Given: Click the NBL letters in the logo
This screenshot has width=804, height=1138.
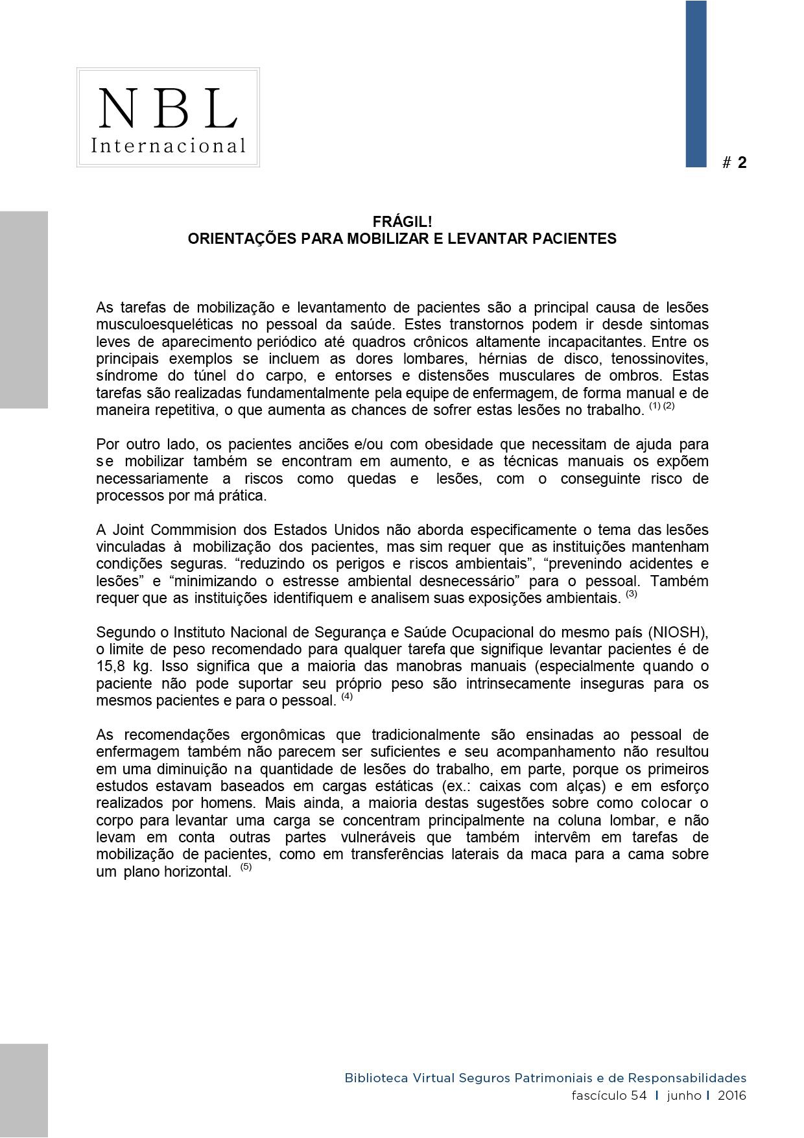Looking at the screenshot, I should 167,108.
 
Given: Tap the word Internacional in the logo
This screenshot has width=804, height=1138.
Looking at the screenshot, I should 168,145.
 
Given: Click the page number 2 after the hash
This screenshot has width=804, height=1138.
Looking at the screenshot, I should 742,163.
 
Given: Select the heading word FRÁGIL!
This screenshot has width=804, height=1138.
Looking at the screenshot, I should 402,222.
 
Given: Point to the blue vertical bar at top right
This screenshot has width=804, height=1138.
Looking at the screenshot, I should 696,84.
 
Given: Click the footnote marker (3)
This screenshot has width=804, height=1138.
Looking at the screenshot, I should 632,593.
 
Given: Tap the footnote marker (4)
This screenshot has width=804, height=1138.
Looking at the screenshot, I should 347,696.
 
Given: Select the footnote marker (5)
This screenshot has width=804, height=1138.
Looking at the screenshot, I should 246,866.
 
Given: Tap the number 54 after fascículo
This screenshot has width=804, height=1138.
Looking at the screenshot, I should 639,1095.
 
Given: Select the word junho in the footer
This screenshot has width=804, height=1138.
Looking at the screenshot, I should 683,1095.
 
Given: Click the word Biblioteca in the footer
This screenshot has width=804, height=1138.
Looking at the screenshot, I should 376,1078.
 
